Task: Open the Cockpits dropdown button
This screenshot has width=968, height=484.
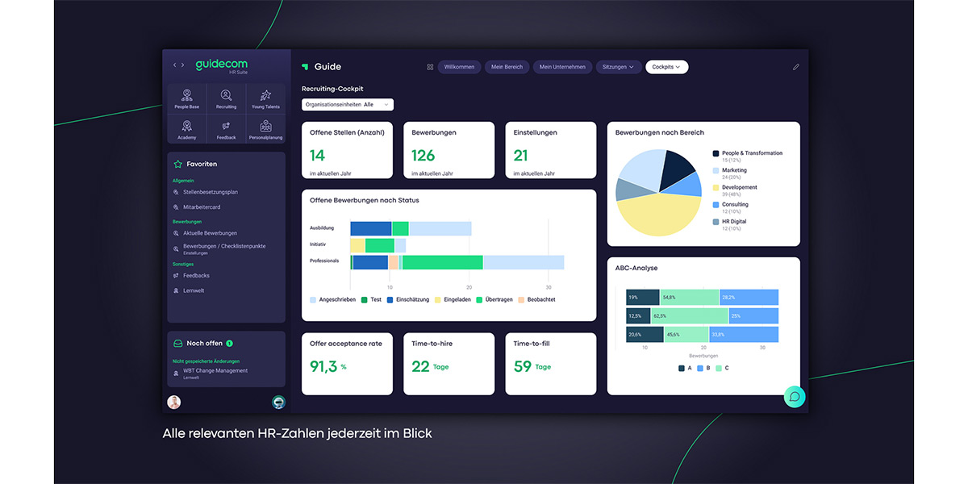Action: tap(666, 67)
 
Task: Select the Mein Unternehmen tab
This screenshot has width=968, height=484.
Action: tap(562, 67)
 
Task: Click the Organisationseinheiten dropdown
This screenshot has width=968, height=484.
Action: tap(347, 104)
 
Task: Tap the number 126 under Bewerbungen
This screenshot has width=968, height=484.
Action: tap(423, 156)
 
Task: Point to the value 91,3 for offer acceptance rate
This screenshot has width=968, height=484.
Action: tap(323, 366)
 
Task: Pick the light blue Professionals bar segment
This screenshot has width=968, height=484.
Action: tap(523, 262)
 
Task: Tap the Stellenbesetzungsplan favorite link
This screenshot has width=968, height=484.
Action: tap(210, 192)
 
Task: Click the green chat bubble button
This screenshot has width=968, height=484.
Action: tap(795, 396)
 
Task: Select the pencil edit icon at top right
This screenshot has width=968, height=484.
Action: tap(796, 67)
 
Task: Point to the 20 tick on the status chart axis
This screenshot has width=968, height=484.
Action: tap(469, 287)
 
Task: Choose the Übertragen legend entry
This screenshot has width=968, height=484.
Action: tap(497, 299)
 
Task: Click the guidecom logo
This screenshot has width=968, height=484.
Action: tap(221, 65)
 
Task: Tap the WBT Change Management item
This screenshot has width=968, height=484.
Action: tap(215, 371)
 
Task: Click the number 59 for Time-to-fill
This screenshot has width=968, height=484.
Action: tap(523, 366)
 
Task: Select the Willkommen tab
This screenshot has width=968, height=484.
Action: tap(459, 67)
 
